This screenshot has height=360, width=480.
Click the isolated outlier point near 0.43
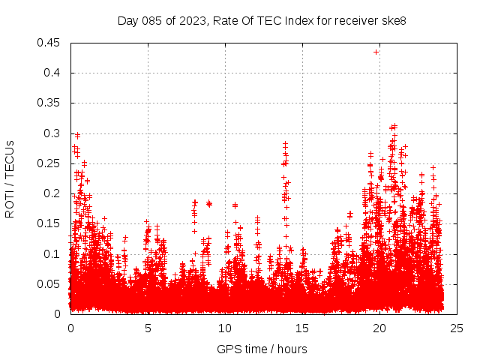point(376,52)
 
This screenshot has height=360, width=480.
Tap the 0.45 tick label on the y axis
point(50,43)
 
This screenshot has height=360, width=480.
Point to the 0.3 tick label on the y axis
point(53,133)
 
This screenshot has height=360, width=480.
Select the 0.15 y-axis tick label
point(50,223)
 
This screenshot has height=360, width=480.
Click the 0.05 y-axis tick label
point(50,283)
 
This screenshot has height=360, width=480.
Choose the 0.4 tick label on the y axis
point(53,73)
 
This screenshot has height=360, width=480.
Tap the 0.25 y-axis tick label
point(50,163)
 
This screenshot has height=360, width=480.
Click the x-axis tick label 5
point(148,328)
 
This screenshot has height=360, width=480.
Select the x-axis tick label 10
point(225,328)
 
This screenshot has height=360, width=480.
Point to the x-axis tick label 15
point(302,328)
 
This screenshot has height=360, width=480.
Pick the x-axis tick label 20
point(379,328)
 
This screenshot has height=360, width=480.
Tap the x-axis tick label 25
point(457,328)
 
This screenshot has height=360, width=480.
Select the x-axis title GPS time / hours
point(262,349)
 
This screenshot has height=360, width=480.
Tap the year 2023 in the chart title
point(192,20)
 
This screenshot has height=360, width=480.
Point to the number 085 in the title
point(154,20)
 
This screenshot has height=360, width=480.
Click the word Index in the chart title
point(300,20)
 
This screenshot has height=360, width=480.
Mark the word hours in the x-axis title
point(291,349)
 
